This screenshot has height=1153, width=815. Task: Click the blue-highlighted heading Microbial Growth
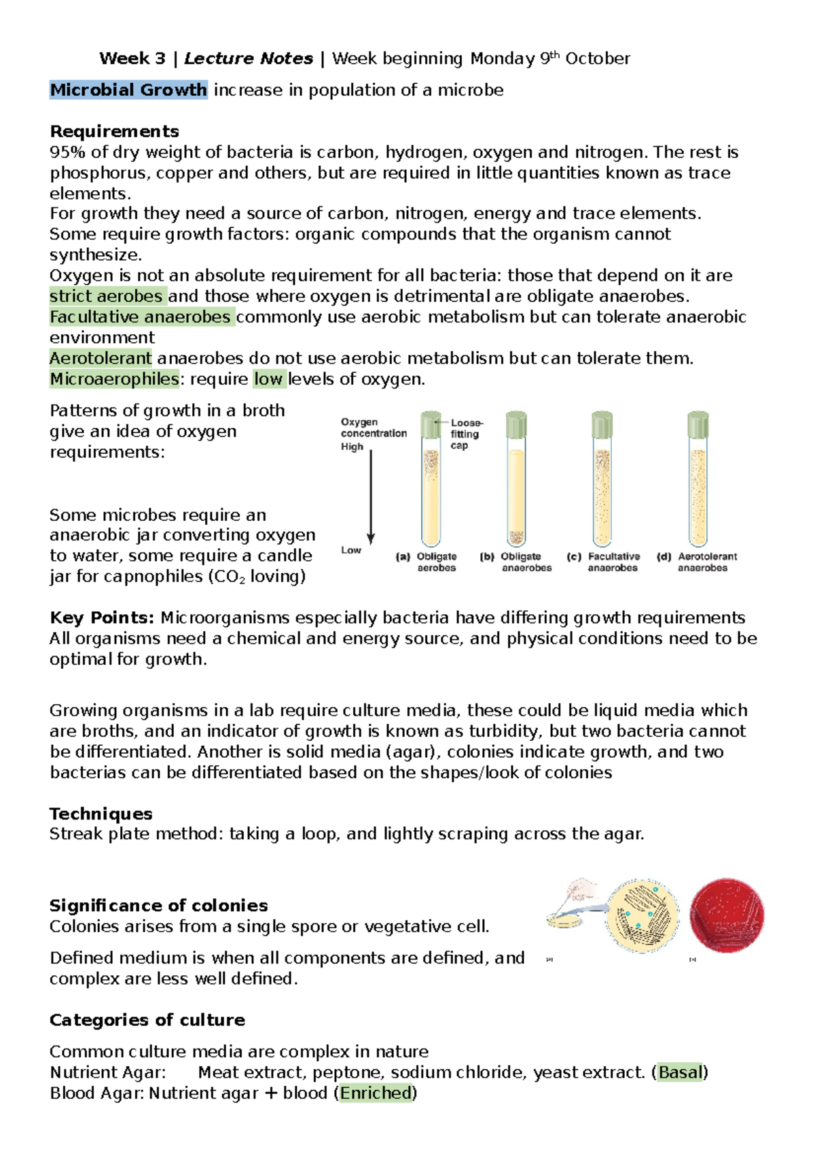pos(128,90)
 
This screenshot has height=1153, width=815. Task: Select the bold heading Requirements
pos(114,131)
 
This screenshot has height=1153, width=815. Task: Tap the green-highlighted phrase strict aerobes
pos(107,296)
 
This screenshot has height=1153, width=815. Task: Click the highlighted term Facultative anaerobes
pos(141,317)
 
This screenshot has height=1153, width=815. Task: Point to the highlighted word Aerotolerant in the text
pos(101,359)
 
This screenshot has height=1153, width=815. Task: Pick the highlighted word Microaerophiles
pos(114,379)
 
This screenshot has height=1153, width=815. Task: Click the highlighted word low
pos(268,379)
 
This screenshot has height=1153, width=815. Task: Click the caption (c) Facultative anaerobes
pos(604,562)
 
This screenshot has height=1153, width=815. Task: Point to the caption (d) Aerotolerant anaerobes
pos(698,562)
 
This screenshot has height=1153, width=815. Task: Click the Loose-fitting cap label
pos(466,434)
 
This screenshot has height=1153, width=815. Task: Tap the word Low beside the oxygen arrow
pos(351,550)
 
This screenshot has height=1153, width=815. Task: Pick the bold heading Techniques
pos(101,813)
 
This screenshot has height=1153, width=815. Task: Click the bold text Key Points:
pos(102,618)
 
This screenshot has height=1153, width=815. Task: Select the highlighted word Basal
pos(680,1072)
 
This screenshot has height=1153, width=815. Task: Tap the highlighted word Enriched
pos(376,1093)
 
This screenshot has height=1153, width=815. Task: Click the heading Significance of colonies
pos(158,905)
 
